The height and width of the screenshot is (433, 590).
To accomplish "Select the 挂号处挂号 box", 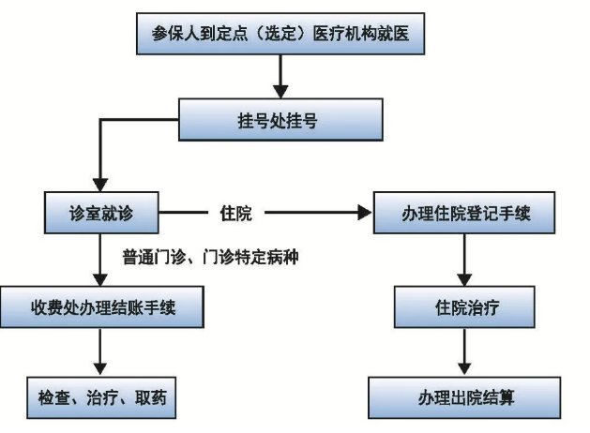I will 280,119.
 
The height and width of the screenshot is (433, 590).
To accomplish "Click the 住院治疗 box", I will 465,308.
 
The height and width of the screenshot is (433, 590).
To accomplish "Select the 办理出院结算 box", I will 464,396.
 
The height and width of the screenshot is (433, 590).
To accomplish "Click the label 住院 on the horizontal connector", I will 236,214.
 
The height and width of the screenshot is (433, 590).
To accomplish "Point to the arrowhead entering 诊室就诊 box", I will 93,185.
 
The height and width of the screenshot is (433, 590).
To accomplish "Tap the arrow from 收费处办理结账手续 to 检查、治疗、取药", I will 98,351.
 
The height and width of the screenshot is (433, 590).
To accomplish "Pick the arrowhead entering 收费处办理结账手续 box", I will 99,278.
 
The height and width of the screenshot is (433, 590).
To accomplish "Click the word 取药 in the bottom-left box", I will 149,396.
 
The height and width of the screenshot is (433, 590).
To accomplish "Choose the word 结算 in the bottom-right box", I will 496,396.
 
